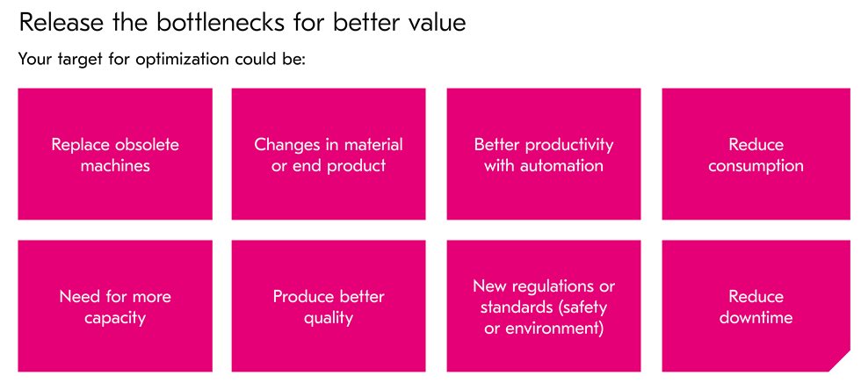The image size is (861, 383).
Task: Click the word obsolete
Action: [147, 145]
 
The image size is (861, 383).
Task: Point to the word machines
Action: [115, 166]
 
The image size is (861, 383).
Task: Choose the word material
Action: [373, 145]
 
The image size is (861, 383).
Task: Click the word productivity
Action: [569, 146]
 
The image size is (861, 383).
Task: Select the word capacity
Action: [115, 318]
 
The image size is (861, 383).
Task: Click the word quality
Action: [328, 318]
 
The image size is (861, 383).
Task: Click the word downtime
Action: [756, 317]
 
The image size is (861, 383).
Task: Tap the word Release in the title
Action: [51, 23]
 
